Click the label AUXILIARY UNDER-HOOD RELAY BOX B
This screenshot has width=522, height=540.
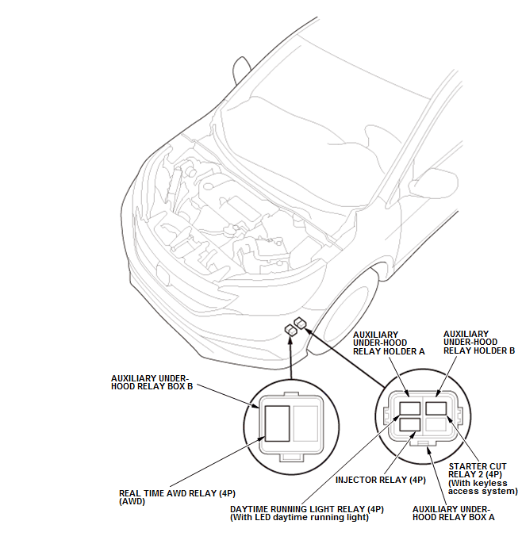(152, 382)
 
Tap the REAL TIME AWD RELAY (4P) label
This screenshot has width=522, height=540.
(177, 497)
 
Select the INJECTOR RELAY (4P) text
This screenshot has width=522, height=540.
(380, 480)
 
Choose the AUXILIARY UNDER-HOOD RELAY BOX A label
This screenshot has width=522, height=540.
(454, 513)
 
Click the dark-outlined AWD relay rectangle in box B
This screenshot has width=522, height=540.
(277, 423)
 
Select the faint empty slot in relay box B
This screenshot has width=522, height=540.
(305, 423)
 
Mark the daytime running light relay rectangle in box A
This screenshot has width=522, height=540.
(409, 409)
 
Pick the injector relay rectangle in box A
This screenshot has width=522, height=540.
(409, 425)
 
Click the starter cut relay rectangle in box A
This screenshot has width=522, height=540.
(436, 409)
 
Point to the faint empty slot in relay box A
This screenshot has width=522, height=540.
(436, 425)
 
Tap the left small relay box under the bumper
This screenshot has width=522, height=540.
(291, 330)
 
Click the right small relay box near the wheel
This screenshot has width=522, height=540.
(300, 323)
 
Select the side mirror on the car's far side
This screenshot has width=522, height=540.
(242, 70)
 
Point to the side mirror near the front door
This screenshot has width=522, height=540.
(433, 183)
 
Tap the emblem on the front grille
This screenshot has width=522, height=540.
(163, 273)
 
